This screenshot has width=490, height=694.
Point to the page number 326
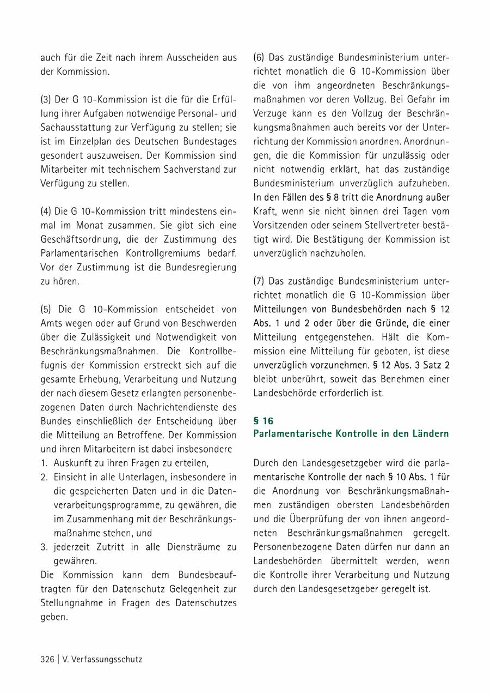click(x=47, y=659)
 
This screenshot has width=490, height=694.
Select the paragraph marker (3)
click(x=47, y=99)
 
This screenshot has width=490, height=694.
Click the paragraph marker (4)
click(x=47, y=211)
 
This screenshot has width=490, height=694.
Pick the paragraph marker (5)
click(x=47, y=309)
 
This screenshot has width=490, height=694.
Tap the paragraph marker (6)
click(x=260, y=57)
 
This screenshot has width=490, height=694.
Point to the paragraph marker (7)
click(x=260, y=281)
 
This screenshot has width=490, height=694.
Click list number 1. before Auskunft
click(x=44, y=463)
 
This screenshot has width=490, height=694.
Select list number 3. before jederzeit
click(x=45, y=547)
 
